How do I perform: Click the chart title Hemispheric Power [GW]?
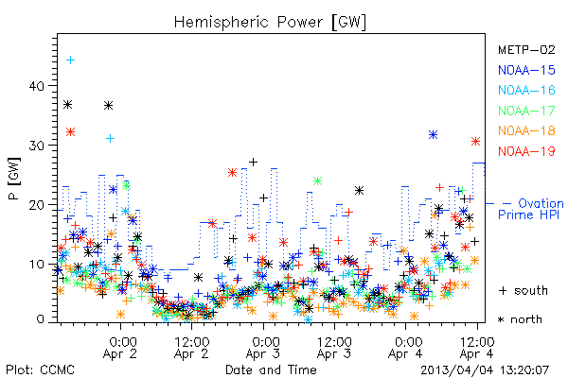270,23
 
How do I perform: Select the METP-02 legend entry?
526,49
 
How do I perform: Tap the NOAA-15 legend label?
526,70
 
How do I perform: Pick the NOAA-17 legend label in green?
526,111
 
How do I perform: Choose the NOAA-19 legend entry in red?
526,151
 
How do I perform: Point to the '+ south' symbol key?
524,290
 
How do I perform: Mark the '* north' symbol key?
520,319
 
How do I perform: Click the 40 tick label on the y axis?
37,86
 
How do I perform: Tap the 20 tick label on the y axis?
37,205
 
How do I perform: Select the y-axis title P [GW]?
14,179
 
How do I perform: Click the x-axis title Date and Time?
271,369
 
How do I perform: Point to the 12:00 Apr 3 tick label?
334,348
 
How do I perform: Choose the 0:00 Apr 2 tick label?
120,348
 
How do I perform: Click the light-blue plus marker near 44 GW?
71,60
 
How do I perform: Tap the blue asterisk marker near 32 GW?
433,135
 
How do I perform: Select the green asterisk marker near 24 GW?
318,180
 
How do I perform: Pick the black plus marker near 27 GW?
253,162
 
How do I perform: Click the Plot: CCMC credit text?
40,369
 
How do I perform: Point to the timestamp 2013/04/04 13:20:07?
485,370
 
